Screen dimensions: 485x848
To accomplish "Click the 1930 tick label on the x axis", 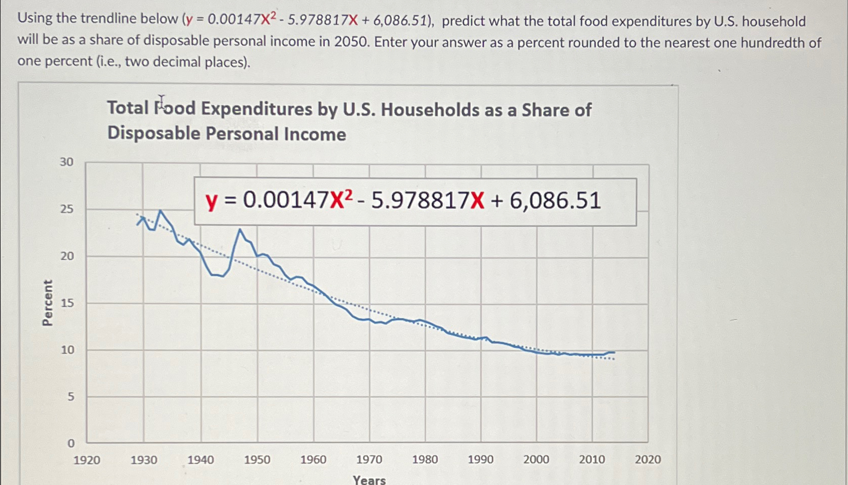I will point(144,460).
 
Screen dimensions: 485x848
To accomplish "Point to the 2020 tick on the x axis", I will point(647,459).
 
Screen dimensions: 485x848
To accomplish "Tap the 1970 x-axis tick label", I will point(369,459).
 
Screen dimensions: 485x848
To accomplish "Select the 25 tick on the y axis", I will point(67,209).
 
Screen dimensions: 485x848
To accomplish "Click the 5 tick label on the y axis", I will point(71,397).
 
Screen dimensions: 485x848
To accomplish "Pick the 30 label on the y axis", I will point(67,162).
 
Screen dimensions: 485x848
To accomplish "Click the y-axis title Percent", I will point(47,303).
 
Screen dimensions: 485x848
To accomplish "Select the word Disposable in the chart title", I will point(154,133).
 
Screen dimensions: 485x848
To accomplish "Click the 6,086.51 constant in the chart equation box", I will point(555,201).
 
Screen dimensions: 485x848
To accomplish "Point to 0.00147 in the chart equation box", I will point(286,200).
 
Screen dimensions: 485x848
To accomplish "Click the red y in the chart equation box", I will point(212,201).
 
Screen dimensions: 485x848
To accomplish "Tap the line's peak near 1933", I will point(160,211).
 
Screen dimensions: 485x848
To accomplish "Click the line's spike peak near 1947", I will point(240,230).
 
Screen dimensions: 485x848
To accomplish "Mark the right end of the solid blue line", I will point(614,352).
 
